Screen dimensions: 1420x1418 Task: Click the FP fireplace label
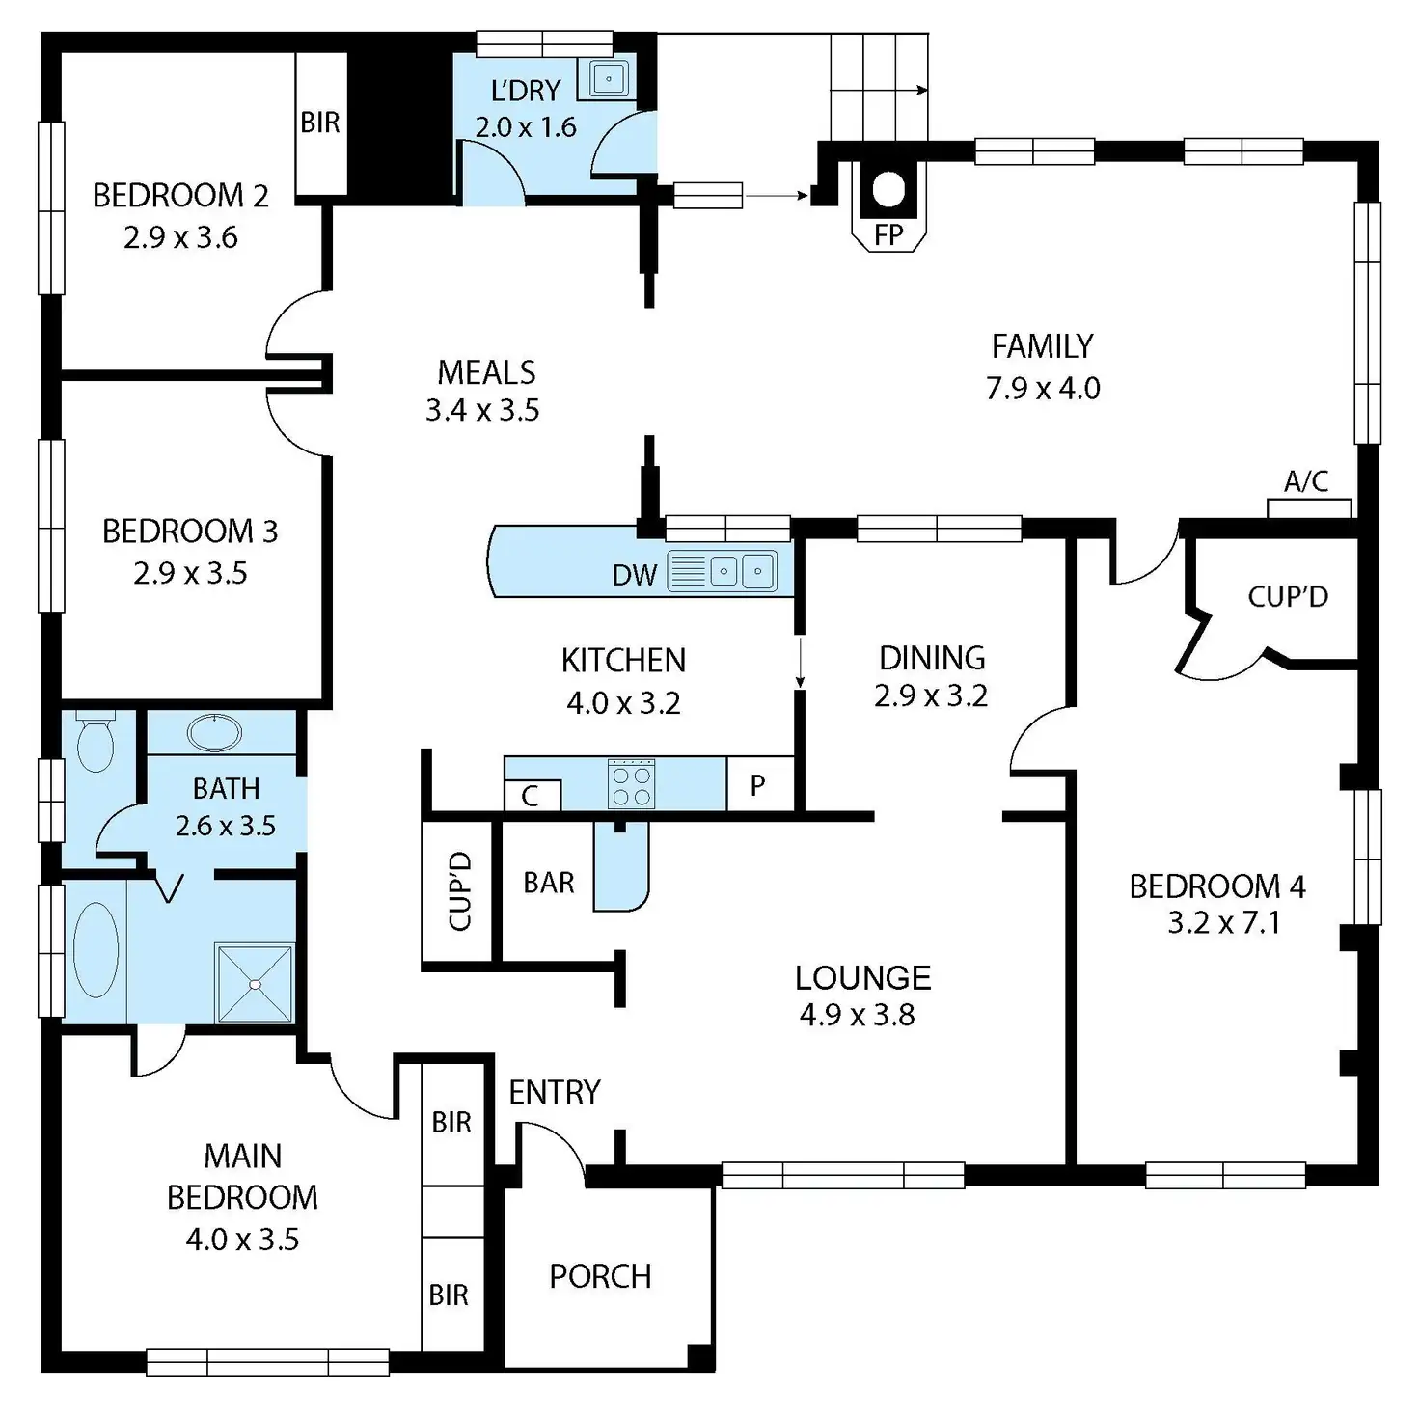click(x=888, y=234)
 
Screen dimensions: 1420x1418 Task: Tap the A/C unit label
click(x=1306, y=481)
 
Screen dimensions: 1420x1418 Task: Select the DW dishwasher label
click(x=634, y=576)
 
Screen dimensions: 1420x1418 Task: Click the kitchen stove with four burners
click(x=632, y=784)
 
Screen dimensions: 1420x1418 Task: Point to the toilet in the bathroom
click(x=95, y=742)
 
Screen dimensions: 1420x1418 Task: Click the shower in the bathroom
click(x=255, y=982)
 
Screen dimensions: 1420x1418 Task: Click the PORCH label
click(x=600, y=1276)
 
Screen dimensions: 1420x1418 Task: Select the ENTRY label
click(x=554, y=1092)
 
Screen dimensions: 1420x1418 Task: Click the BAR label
click(x=548, y=882)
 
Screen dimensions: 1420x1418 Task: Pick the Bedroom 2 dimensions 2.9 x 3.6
click(x=180, y=237)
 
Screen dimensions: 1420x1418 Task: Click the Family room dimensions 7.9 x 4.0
click(x=1043, y=388)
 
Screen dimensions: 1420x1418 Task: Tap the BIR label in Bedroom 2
click(x=320, y=123)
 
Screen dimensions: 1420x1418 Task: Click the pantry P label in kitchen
click(x=758, y=785)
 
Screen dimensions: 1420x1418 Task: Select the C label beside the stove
click(x=530, y=796)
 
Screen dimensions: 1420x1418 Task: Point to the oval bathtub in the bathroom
click(x=96, y=950)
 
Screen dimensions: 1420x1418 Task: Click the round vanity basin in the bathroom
click(x=214, y=732)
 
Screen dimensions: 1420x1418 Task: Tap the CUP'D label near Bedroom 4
click(x=1288, y=597)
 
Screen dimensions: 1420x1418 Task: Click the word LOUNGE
click(x=862, y=978)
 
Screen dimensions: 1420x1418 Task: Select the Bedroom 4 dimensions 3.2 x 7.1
click(x=1223, y=923)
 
